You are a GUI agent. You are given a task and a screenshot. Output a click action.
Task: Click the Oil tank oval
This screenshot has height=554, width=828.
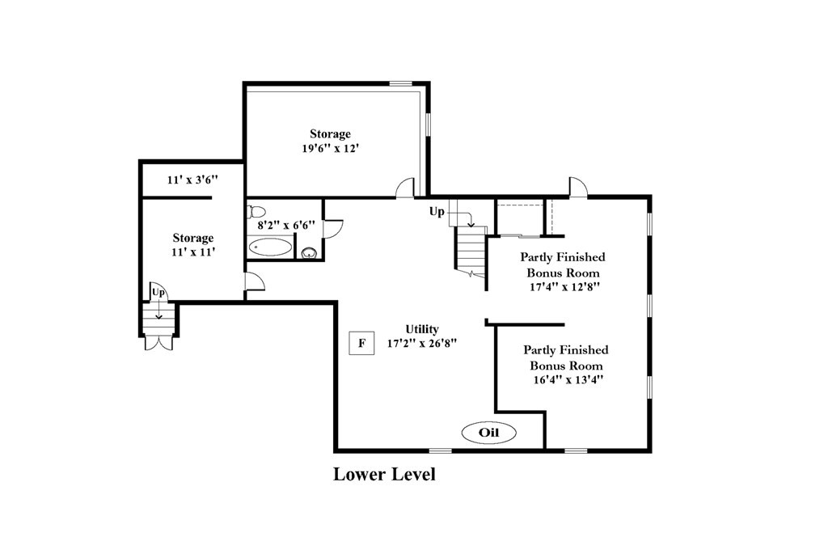pyautogui.click(x=488, y=433)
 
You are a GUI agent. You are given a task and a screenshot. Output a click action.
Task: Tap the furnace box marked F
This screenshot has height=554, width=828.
pyautogui.click(x=362, y=343)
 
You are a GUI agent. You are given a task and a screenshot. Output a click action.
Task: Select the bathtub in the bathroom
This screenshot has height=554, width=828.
pyautogui.click(x=270, y=247)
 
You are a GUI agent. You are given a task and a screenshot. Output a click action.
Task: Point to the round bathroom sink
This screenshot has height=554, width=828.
pyautogui.click(x=309, y=253)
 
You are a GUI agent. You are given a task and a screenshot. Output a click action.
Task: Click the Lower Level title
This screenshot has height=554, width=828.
pyautogui.click(x=384, y=474)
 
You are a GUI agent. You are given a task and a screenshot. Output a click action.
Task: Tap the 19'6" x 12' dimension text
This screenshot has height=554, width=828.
pyautogui.click(x=331, y=148)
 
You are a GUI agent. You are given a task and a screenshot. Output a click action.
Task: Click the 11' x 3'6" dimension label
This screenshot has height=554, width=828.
pyautogui.click(x=192, y=180)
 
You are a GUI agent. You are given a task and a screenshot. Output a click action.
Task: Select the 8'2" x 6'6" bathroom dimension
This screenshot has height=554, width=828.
pyautogui.click(x=286, y=225)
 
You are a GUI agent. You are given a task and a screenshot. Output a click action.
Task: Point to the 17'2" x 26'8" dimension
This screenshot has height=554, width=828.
pyautogui.click(x=422, y=343)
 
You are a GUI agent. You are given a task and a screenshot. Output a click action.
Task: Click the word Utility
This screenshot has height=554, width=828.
pyautogui.click(x=422, y=329)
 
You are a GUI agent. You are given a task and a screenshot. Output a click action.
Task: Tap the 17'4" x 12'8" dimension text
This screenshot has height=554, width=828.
pyautogui.click(x=565, y=287)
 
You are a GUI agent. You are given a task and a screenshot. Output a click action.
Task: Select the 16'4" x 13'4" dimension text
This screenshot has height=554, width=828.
pyautogui.click(x=568, y=379)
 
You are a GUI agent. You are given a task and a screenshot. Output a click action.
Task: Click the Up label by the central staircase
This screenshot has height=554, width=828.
pyautogui.click(x=437, y=212)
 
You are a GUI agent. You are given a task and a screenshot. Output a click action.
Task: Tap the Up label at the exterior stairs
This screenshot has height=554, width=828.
pyautogui.click(x=158, y=292)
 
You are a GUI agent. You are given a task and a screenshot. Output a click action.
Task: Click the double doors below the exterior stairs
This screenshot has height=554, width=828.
pyautogui.click(x=158, y=343)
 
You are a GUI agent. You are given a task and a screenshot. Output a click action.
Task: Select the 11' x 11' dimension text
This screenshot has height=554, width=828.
pyautogui.click(x=193, y=252)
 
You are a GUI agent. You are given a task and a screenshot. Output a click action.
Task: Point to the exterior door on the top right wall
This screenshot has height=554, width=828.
pyautogui.click(x=578, y=188)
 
